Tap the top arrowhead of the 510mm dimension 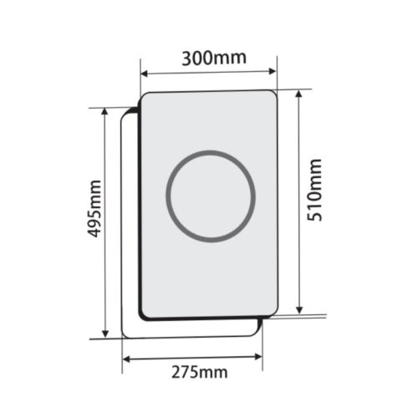tap(299, 93)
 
